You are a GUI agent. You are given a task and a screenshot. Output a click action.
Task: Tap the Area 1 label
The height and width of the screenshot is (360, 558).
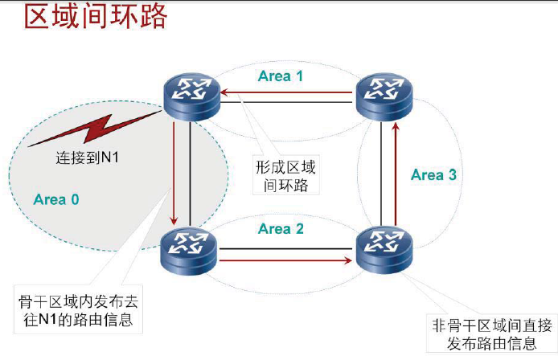(x=281, y=76)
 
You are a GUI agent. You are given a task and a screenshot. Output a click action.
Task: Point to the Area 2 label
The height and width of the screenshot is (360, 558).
(x=281, y=229)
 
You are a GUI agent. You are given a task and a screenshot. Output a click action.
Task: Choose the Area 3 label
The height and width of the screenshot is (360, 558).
(x=433, y=174)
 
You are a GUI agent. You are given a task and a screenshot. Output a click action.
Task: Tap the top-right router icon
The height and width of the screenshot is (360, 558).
(x=384, y=96)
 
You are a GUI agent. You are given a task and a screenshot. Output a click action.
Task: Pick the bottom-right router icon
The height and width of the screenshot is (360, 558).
(x=384, y=248)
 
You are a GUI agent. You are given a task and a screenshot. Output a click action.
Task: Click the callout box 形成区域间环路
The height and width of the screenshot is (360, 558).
(x=285, y=176)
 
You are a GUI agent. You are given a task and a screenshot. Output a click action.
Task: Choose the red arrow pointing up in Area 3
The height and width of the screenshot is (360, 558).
(x=394, y=173)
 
